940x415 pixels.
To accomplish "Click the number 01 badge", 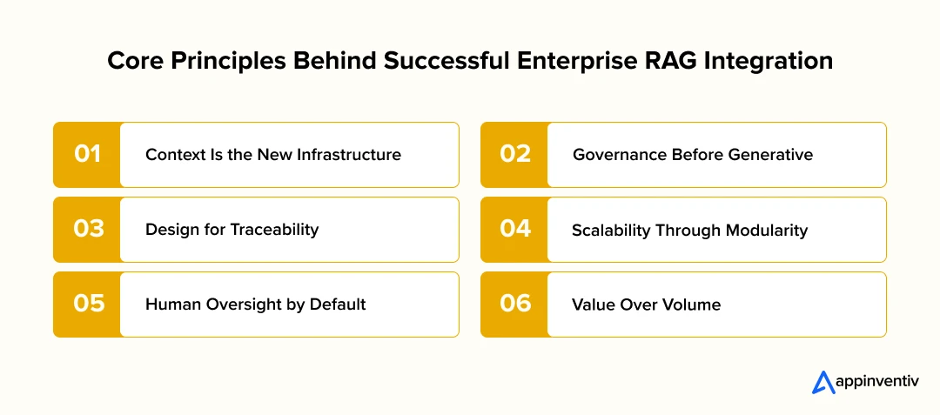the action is [87, 155].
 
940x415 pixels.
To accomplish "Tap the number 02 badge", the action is [514, 155].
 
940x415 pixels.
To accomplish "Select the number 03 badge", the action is [87, 230].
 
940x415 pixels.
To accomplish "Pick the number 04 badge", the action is [514, 230].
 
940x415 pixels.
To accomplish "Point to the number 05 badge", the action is [87, 305].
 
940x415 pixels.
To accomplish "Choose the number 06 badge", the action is [514, 305].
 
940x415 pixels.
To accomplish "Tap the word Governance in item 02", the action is [609, 155].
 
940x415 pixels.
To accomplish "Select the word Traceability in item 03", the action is [280, 230].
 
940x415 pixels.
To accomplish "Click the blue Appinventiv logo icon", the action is [823, 383].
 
